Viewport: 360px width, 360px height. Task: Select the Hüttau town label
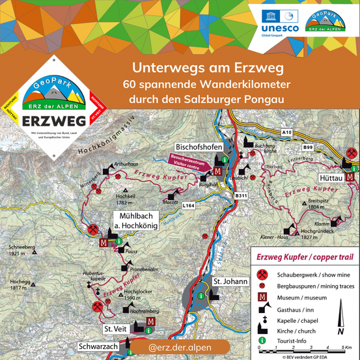(x=331, y=176)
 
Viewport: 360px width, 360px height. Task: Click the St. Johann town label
(x=228, y=281)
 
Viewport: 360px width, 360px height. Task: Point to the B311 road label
(x=241, y=195)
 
